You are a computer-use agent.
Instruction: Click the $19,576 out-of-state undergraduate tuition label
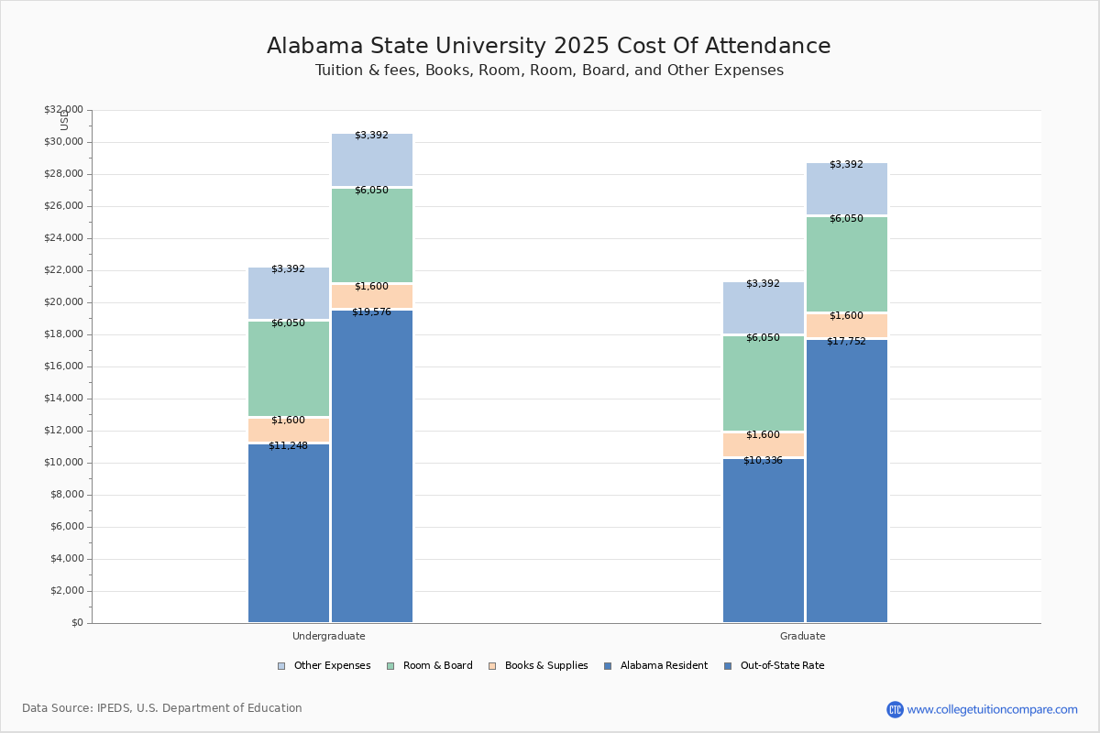371,312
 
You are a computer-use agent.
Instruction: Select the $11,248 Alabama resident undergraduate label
288,446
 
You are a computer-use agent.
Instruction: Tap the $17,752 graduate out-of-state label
846,342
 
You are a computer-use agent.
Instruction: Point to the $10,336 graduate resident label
763,461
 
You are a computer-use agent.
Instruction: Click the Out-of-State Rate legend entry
775,666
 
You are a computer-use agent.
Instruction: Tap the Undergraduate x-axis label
329,636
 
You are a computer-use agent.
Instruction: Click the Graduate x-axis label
803,636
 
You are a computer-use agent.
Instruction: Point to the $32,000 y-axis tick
63,110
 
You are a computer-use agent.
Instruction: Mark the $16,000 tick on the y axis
63,366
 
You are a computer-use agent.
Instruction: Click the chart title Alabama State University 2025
548,47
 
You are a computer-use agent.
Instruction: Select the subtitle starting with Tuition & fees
548,71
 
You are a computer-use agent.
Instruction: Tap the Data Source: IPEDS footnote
162,708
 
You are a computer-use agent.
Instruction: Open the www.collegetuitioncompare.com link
992,709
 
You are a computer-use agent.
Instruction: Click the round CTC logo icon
895,709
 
